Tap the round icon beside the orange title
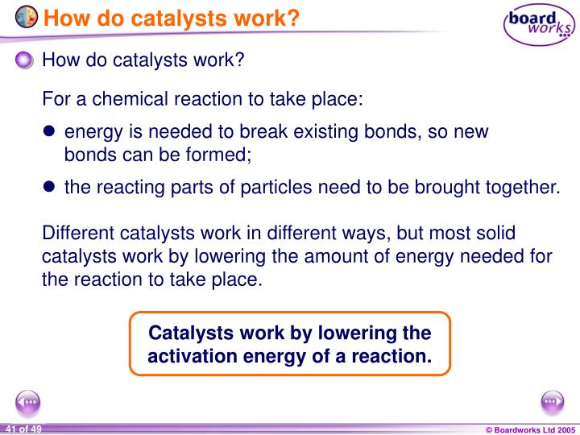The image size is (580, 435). [x=26, y=16]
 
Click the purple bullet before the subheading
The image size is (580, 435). [x=27, y=60]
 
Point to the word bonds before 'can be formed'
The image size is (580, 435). [x=85, y=153]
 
